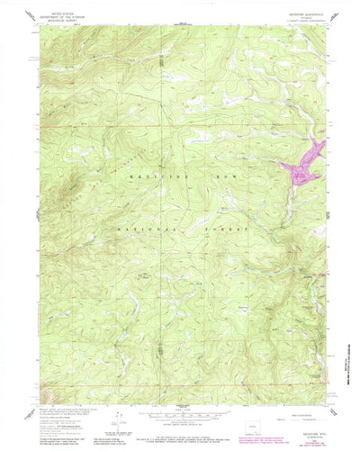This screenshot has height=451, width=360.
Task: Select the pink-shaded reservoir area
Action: point(304,160)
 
